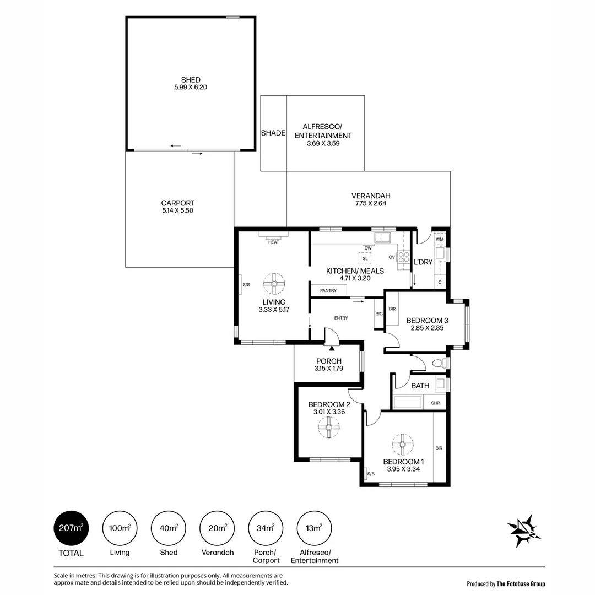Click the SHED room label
click(191, 80)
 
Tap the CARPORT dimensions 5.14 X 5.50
click(177, 210)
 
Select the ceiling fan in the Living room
click(274, 284)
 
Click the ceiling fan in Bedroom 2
click(328, 427)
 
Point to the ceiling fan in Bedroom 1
click(403, 445)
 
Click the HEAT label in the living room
click(274, 242)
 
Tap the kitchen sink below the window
click(382, 238)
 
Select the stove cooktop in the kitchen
click(403, 258)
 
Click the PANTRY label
click(328, 291)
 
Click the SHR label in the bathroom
click(435, 403)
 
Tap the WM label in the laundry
click(440, 240)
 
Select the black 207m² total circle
click(71, 528)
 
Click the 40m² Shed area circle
click(169, 528)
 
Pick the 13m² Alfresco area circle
click(314, 528)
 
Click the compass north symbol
click(524, 530)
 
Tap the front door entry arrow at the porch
click(332, 348)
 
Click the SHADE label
click(273, 133)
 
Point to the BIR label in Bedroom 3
click(392, 309)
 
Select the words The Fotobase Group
click(521, 584)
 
